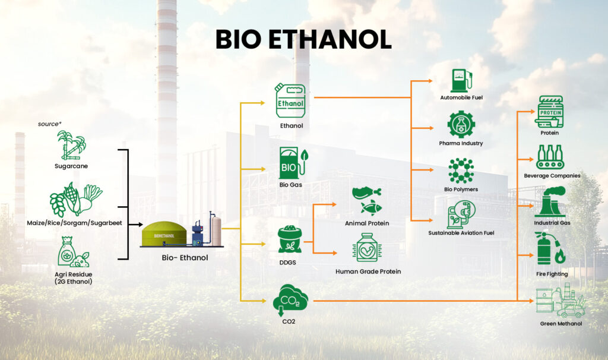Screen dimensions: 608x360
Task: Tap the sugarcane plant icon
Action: click(x=71, y=145)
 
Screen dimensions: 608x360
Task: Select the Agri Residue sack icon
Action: click(x=73, y=252)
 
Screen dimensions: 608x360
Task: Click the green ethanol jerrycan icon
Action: click(x=290, y=100)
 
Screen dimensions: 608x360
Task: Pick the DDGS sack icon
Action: click(x=290, y=240)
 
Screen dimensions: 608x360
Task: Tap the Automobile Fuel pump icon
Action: click(x=461, y=81)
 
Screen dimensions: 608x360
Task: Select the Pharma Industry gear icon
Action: click(x=461, y=125)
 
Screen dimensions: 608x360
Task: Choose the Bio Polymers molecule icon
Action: click(x=461, y=170)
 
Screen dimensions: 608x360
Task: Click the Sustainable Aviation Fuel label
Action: click(x=461, y=233)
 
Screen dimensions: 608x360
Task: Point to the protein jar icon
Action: click(x=550, y=112)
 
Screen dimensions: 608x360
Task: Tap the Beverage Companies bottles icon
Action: click(x=550, y=157)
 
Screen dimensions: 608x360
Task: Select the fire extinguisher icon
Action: click(x=550, y=249)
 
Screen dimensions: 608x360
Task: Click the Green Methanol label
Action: click(x=561, y=324)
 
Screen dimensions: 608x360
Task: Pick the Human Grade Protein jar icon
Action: click(x=367, y=248)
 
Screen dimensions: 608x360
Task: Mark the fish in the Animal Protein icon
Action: click(x=371, y=208)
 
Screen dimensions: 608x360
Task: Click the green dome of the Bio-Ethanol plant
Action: click(x=164, y=233)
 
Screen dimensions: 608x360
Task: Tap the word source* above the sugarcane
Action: click(x=50, y=124)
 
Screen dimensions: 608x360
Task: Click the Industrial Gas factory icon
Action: click(x=550, y=202)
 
